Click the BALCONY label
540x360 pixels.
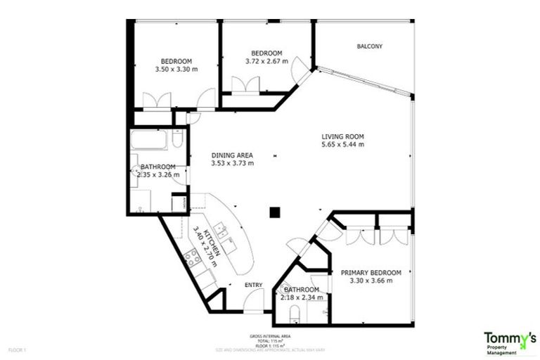(x=369, y=46)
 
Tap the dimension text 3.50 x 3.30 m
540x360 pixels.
(x=176, y=70)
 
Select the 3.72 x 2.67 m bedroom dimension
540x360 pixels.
(x=266, y=62)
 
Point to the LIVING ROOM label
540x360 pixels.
(x=342, y=136)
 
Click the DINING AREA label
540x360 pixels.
(x=232, y=155)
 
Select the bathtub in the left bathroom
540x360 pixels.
(x=149, y=141)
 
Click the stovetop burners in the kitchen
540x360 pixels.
(x=192, y=259)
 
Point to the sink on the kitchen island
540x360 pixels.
(x=221, y=229)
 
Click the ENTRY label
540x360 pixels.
(x=253, y=285)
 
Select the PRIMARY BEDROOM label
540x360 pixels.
(x=371, y=273)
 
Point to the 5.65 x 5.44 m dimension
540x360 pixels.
(x=342, y=145)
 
